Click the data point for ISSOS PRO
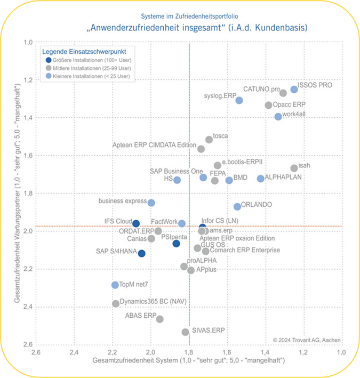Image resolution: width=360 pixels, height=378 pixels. (x=294, y=90)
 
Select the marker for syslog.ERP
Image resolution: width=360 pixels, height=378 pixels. (x=239, y=100)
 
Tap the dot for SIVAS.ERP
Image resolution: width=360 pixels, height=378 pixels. (x=186, y=332)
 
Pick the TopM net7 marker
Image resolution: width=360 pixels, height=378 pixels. (x=115, y=285)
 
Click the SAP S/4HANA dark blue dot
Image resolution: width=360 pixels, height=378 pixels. (x=142, y=253)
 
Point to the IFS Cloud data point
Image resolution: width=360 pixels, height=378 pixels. (x=136, y=223)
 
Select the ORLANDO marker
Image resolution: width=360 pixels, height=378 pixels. (x=237, y=206)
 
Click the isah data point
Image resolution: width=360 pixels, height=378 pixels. (x=294, y=168)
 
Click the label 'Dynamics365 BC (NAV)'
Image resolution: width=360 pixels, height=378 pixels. (x=153, y=301)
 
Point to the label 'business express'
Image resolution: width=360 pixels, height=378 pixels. (x=123, y=201)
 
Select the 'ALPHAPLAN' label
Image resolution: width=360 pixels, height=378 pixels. (x=283, y=176)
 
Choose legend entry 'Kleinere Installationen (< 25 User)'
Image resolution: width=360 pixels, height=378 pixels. (x=91, y=77)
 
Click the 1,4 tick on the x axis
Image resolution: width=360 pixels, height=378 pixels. (x=265, y=352)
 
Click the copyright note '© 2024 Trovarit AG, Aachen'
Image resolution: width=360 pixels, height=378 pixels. (x=306, y=340)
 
